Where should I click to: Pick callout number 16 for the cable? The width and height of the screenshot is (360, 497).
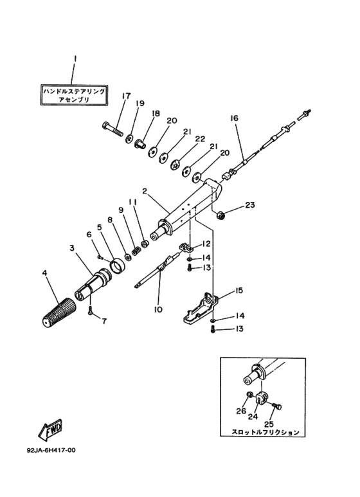(233, 118)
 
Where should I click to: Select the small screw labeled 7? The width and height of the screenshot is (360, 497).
(91, 311)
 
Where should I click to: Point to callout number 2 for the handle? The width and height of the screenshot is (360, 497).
(145, 191)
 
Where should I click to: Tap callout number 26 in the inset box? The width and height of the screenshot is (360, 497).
(241, 411)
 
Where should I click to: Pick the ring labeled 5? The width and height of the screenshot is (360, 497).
(116, 263)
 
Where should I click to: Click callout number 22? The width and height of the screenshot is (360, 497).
(200, 140)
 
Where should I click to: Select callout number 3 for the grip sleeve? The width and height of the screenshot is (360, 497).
(73, 248)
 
